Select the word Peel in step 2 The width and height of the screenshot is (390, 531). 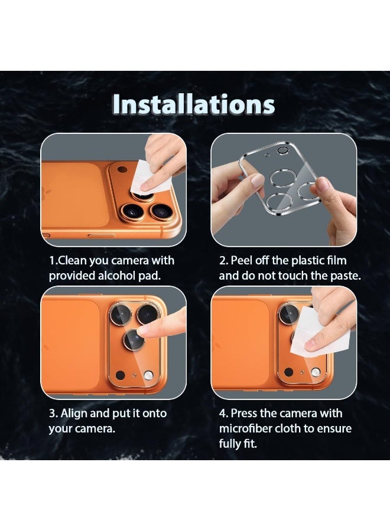(x=243, y=260)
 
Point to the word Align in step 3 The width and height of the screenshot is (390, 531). (x=76, y=413)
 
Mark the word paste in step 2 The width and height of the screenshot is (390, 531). (x=342, y=276)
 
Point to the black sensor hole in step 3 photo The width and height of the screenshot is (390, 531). (x=120, y=375)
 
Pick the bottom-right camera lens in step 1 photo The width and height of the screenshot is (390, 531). (x=160, y=211)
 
